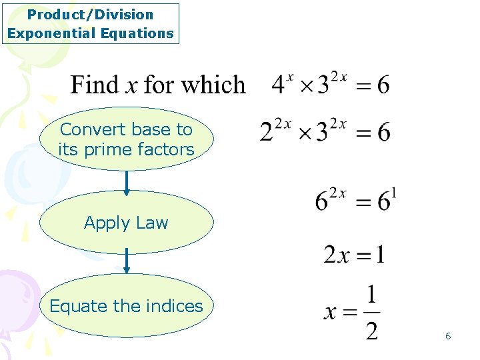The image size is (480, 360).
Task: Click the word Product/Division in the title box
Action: click(90, 15)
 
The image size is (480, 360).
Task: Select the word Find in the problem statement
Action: click(95, 85)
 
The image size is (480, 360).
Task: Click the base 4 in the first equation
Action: click(279, 86)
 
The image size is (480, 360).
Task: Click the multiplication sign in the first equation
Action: click(305, 87)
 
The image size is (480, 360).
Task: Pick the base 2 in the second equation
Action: click(267, 132)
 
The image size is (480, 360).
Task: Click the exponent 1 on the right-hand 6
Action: click(395, 194)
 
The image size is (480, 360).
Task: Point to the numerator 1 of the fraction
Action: click(371, 293)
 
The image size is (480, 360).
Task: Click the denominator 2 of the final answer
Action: click(371, 329)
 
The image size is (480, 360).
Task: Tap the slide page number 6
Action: click(448, 336)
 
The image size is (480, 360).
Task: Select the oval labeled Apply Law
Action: click(127, 223)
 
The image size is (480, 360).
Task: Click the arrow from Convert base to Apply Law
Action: click(127, 181)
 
